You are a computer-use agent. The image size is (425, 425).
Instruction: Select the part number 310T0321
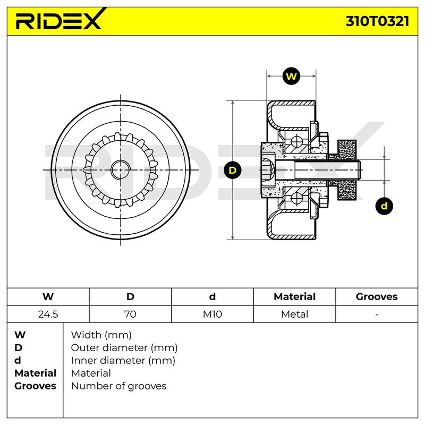pos(377,21)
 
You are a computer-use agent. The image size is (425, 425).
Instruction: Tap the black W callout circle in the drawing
pos(291,76)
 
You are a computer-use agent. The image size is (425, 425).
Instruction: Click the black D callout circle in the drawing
pos(233,170)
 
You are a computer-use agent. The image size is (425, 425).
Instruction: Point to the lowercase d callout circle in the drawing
pos(384,206)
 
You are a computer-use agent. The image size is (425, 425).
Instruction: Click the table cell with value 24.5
pos(48,314)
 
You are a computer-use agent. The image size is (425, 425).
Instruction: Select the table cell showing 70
pos(130,314)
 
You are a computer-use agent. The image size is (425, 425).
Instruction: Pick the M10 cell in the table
pos(212,314)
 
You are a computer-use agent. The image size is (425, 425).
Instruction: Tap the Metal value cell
pos(295,314)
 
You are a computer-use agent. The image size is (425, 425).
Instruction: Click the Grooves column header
pos(377,296)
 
